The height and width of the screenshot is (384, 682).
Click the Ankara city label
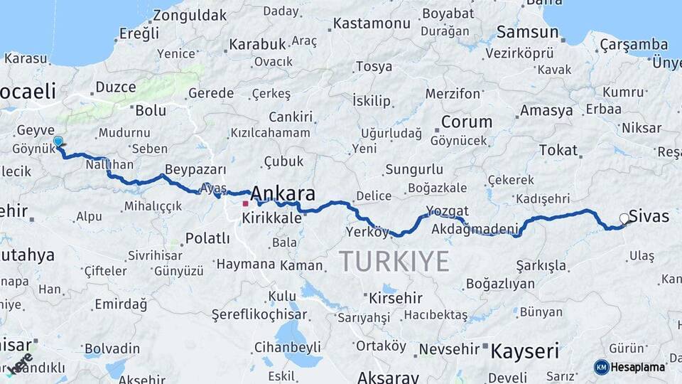[283, 193]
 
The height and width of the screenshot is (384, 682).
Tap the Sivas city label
[649, 215]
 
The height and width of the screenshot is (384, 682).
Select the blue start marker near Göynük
[58, 142]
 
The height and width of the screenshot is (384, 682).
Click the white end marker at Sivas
[624, 218]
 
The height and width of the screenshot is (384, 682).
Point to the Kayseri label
[525, 350]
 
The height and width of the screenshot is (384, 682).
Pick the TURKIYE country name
[394, 261]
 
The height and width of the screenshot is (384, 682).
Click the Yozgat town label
[448, 210]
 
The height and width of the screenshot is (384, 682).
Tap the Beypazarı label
[195, 170]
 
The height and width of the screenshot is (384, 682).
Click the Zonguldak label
[190, 15]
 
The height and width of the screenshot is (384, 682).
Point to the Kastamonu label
[372, 23]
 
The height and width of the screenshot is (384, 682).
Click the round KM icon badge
[601, 367]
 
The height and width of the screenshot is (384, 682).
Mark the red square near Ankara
[245, 203]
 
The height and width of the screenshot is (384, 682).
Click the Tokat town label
[558, 149]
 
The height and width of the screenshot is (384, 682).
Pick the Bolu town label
[150, 110]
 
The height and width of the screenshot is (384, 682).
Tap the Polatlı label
[207, 238]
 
